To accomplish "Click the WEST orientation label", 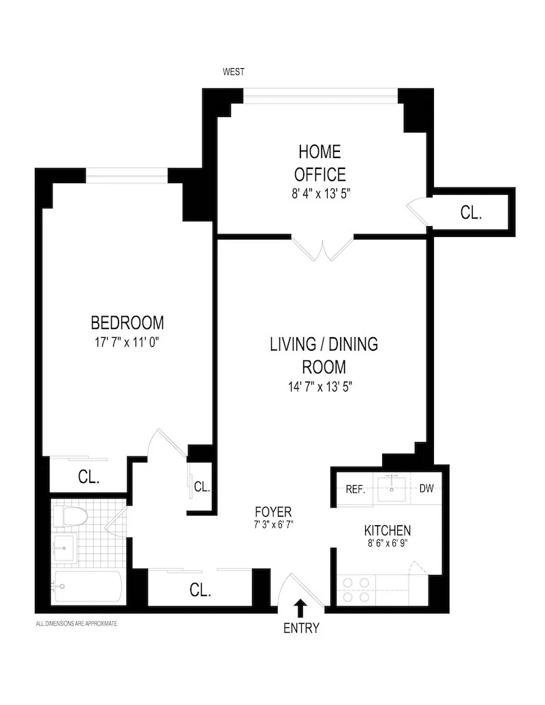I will [234, 72].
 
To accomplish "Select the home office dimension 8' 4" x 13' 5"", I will [321, 193].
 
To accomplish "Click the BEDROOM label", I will [127, 322].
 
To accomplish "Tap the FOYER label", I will [273, 512].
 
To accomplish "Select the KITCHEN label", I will [387, 531].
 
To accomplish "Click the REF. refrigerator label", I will [356, 488].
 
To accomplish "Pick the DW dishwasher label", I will [426, 488].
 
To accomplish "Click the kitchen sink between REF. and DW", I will [391, 488].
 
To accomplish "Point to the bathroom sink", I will [65, 547].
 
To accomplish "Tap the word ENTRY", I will [300, 628].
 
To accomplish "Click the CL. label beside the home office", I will [471, 213].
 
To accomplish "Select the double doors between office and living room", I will [324, 249].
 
